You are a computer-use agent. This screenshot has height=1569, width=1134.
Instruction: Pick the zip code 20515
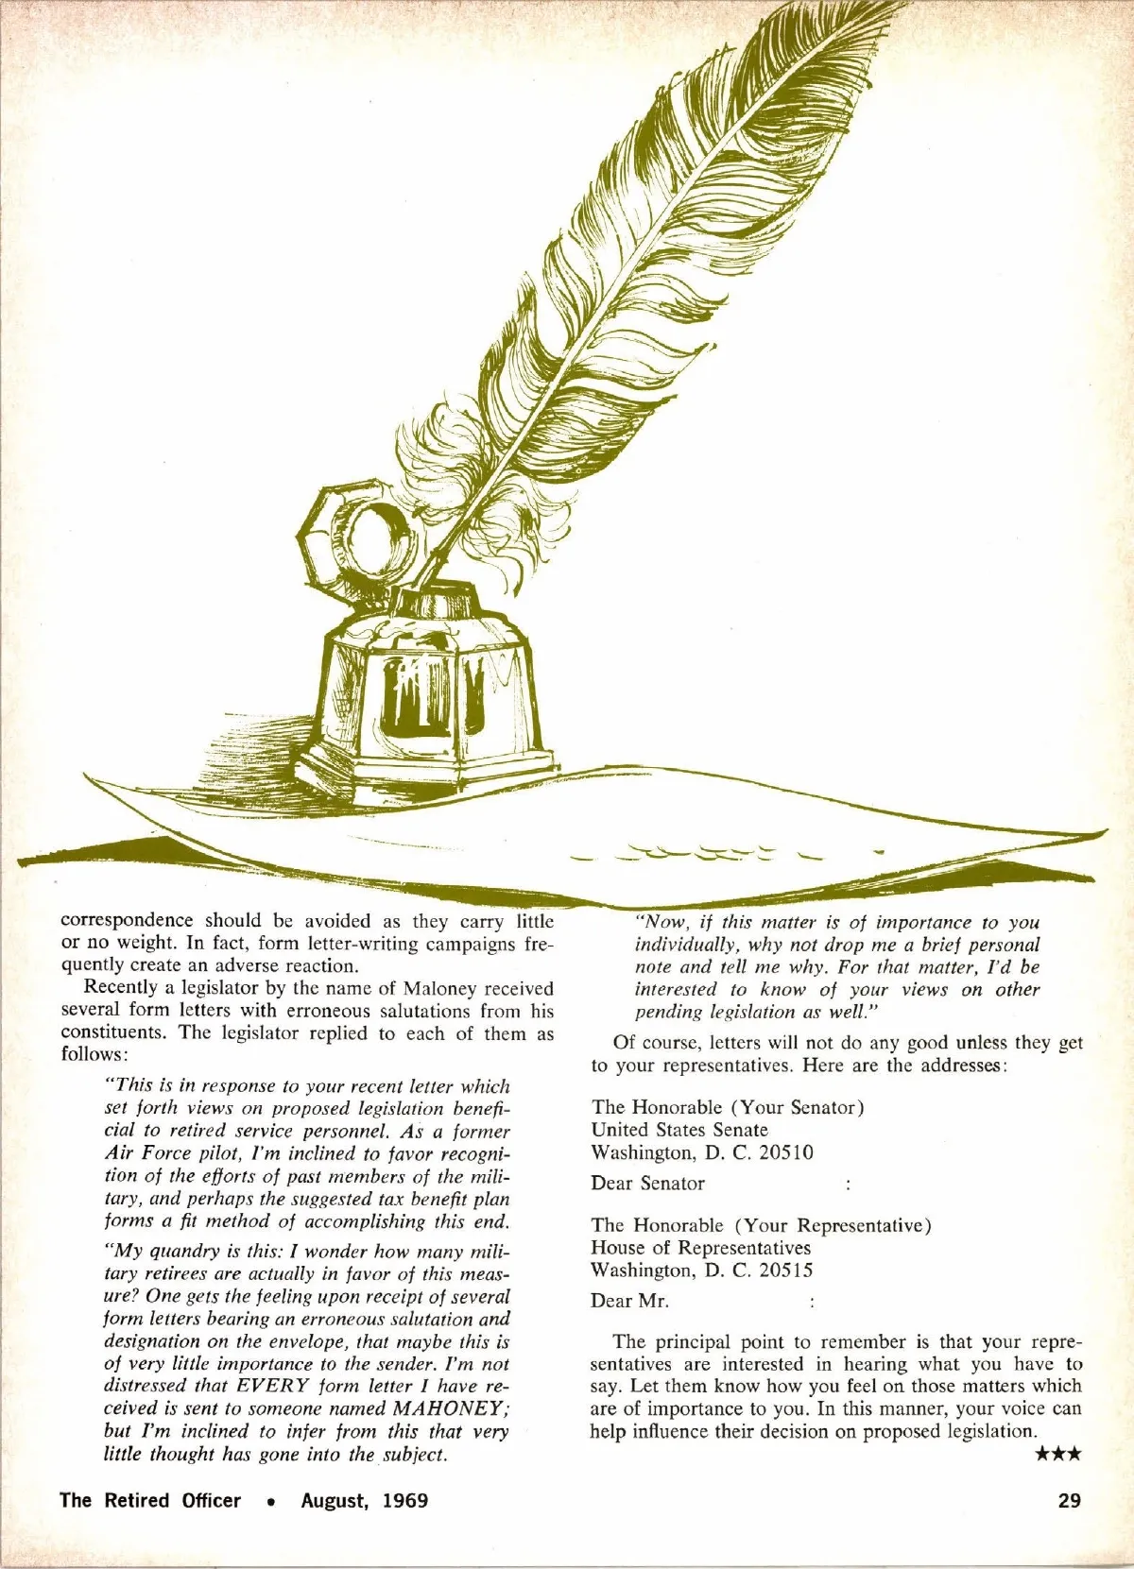click(x=786, y=1271)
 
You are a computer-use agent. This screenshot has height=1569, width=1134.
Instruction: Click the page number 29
click(x=1070, y=1501)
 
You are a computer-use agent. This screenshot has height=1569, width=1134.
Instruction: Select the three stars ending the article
click(x=1058, y=1455)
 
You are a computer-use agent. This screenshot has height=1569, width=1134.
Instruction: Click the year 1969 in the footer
click(x=405, y=1501)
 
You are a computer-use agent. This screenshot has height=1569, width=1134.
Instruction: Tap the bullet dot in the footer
click(x=270, y=1502)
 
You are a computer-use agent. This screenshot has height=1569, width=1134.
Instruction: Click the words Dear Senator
click(x=648, y=1184)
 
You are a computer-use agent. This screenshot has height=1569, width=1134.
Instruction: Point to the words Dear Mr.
click(x=629, y=1302)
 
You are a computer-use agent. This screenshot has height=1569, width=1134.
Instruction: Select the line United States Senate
click(x=679, y=1130)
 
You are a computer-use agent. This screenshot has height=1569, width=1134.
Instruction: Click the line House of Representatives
click(x=700, y=1248)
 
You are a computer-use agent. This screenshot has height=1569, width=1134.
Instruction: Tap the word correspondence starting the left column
click(x=128, y=921)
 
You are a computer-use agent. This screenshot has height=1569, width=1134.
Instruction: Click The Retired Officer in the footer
click(x=150, y=1501)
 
